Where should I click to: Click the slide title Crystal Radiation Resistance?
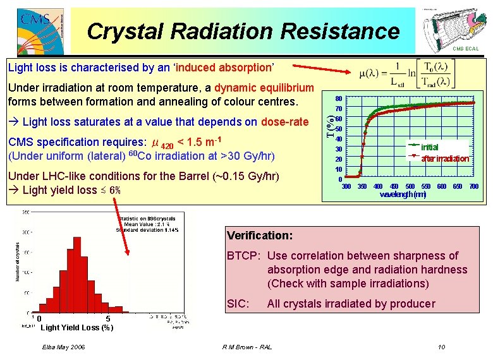coord(243,31)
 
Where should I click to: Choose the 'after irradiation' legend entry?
coord(445,159)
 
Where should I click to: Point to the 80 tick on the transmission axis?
coord(339,99)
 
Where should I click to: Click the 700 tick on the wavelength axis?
coord(474,186)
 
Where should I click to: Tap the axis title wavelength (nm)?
coord(403,195)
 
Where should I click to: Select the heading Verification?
coord(259,236)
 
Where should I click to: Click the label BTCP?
coord(244,256)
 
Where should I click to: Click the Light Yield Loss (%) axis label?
coord(76,327)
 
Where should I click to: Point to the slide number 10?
coord(441,347)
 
